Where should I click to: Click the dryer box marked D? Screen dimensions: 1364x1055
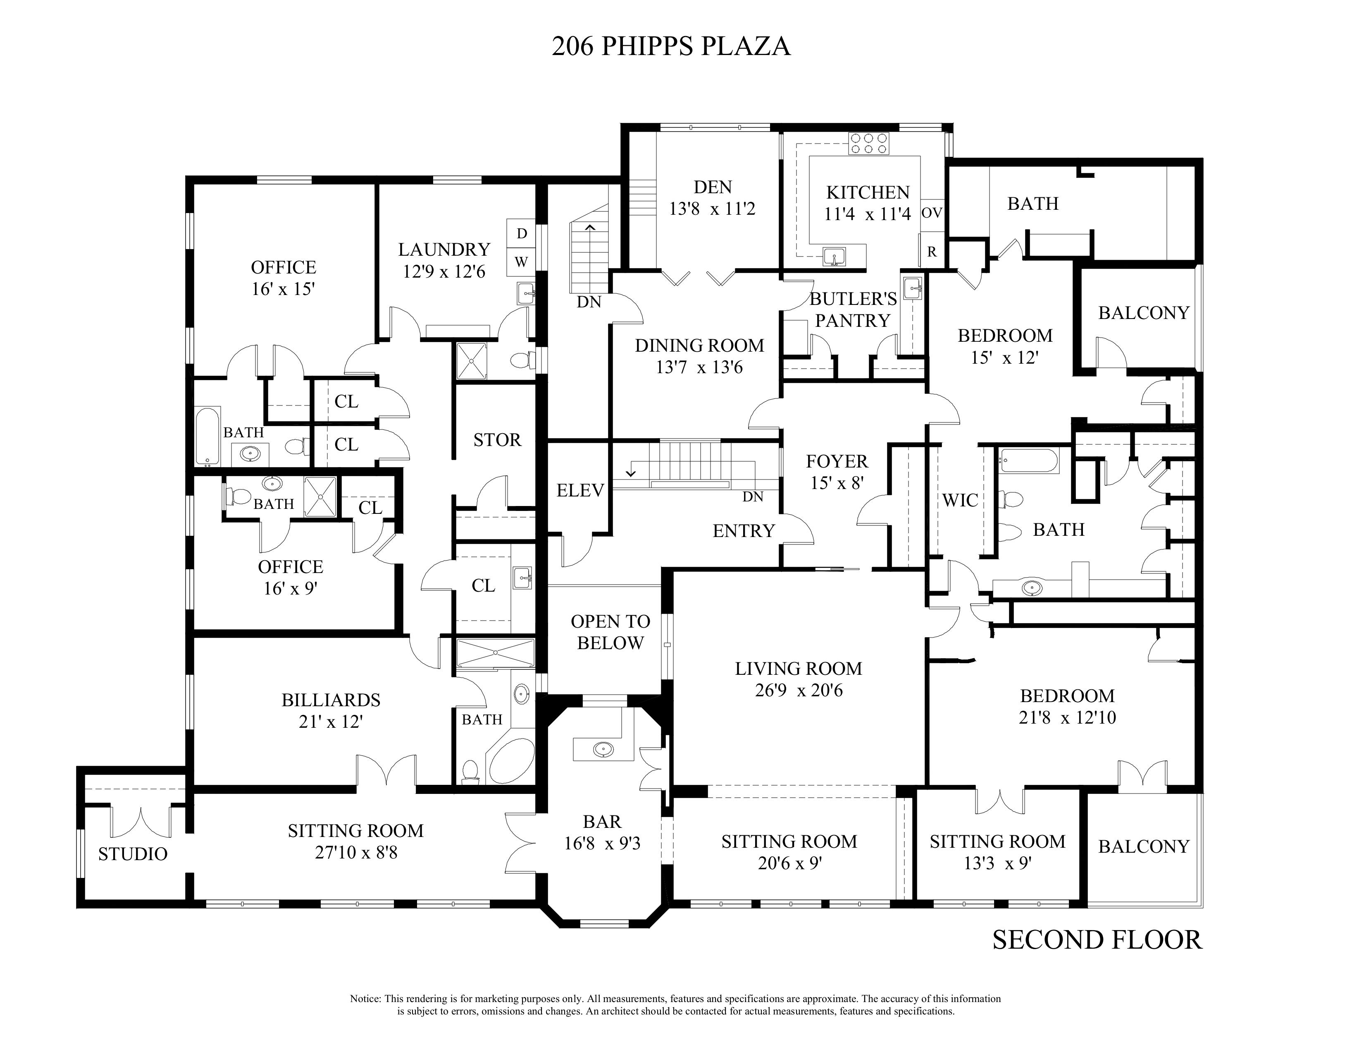tap(522, 233)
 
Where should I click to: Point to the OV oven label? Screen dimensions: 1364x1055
tap(932, 213)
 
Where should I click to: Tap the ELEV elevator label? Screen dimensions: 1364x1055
tap(580, 491)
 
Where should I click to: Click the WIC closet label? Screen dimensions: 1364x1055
tap(960, 500)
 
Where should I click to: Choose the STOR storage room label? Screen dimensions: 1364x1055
tap(497, 440)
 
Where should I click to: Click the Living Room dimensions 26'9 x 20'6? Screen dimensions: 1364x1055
tap(799, 691)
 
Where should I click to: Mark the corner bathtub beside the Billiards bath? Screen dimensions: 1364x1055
tap(510, 761)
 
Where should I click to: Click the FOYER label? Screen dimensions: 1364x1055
tap(837, 461)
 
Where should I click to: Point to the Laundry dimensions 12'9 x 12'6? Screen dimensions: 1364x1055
tap(444, 272)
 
